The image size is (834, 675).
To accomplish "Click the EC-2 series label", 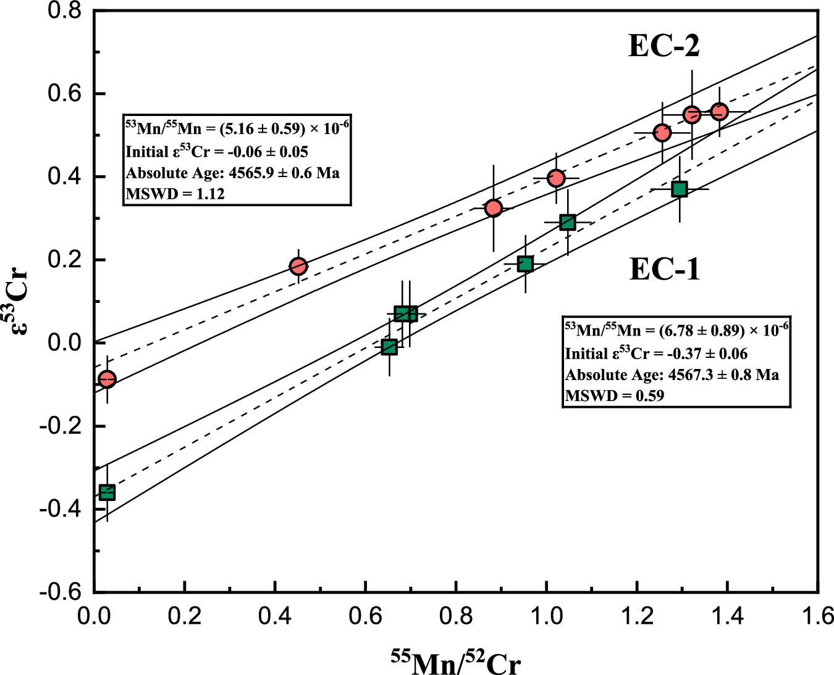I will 664,46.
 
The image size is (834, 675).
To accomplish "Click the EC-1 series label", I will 665,269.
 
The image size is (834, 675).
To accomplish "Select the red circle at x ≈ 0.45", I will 298,267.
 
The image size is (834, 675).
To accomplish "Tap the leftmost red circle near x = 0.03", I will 107,379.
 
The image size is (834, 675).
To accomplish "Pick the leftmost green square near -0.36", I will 107,492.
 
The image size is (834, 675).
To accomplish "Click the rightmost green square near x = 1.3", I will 680,189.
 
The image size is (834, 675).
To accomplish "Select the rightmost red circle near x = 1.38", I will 719,112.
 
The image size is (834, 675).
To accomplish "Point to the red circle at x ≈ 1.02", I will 557,178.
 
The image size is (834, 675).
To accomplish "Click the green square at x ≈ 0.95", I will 525,264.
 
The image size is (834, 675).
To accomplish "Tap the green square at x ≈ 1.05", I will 568,223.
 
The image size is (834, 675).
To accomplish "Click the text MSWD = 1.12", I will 175,194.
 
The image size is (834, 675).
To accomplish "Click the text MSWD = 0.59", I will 615,395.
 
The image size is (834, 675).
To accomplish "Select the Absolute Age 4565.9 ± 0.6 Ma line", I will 233,173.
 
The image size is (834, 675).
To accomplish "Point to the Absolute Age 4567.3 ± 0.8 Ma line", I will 672,375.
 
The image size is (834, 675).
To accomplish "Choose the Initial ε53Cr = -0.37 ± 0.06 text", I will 656,354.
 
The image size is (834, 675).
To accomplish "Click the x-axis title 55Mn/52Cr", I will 456,663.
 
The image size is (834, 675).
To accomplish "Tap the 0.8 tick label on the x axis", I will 456,616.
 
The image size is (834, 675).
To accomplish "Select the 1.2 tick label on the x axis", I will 637,616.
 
